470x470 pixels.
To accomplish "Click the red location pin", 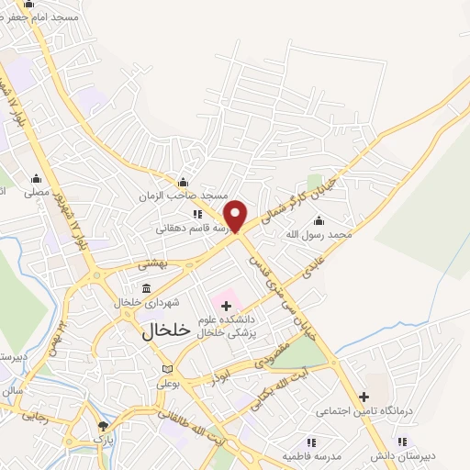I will coord(236,215).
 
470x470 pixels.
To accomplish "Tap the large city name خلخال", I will coord(166,331).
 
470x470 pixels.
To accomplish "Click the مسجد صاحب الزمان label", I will coord(183,196).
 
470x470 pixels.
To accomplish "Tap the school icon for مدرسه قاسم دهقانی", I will coord(197,214).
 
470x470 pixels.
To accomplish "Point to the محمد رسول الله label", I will coord(318,235).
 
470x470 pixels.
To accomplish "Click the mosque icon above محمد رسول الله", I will coord(319,220).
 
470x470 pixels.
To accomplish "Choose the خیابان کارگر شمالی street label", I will coord(293,191).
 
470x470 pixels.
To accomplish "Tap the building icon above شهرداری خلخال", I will coord(147,289).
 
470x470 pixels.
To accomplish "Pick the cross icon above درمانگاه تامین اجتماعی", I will coord(364,397).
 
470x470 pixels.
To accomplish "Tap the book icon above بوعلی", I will coord(167,369).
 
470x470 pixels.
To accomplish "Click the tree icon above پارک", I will coord(103,426).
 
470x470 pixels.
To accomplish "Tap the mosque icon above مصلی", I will coord(36,178).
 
